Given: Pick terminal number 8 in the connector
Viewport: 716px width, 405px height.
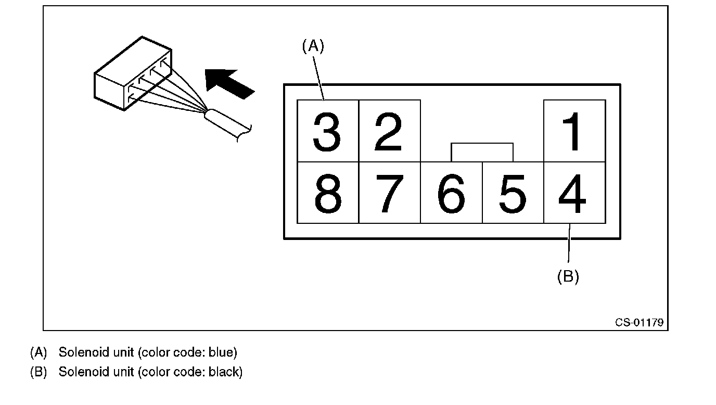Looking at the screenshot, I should tap(327, 193).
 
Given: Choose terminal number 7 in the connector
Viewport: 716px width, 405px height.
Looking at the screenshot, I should tap(389, 193).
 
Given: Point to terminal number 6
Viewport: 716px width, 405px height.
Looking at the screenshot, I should tap(451, 193).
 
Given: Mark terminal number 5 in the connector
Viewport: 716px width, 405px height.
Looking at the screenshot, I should tap(513, 193).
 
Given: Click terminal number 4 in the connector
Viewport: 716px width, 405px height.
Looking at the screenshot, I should tap(574, 193).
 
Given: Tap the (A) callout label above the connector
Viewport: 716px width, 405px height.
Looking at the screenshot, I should tap(313, 46).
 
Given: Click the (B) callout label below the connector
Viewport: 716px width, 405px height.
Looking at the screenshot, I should tap(568, 276).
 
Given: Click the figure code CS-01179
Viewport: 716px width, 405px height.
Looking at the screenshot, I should tap(639, 322).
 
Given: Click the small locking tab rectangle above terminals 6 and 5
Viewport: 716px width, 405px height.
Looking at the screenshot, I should tap(482, 152).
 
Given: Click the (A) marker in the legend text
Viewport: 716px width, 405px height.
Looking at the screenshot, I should tap(39, 352).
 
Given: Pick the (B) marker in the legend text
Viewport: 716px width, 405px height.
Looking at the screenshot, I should tap(39, 372).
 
